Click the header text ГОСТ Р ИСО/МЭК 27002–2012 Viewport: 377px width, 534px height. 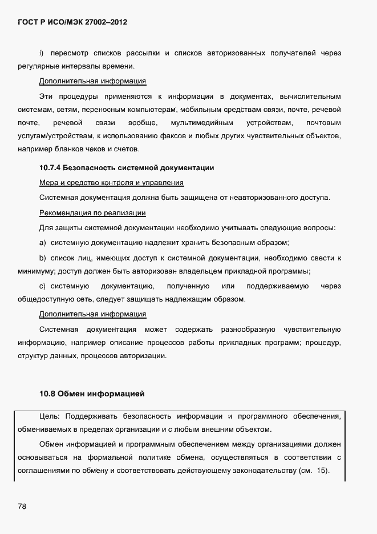[x=72, y=22]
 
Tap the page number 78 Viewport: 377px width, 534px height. [x=22, y=506]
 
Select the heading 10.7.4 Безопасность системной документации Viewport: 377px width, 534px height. [x=127, y=168]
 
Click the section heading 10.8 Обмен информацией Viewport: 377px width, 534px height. [x=92, y=394]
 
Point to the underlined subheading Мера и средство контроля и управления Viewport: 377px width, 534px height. [x=111, y=183]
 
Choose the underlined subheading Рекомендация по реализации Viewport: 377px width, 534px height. [x=92, y=213]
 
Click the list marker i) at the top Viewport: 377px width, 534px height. [x=42, y=53]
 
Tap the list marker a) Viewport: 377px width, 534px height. [x=42, y=243]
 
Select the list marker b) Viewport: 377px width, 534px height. [x=42, y=258]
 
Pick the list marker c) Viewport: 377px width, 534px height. [x=42, y=286]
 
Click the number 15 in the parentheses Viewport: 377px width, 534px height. [x=323, y=472]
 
